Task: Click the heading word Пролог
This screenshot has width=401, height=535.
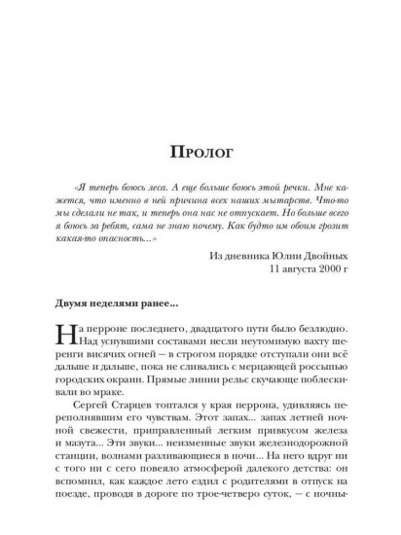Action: tap(200, 153)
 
